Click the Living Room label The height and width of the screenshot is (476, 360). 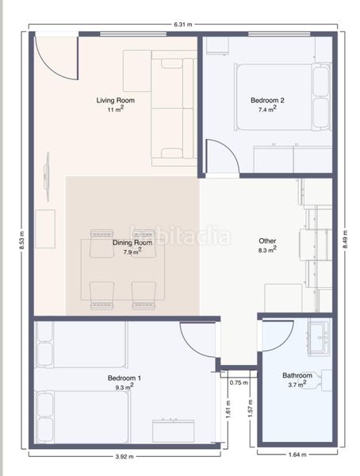115,100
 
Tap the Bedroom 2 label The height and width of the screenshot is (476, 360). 267,100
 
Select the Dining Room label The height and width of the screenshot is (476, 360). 132,243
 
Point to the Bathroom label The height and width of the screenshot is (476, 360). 297,375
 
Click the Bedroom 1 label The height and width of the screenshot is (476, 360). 124,378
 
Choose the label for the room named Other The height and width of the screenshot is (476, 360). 267,241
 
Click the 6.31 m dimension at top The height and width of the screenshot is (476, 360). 183,25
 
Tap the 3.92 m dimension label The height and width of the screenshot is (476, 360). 124,457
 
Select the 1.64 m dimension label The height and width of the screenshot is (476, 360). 297,455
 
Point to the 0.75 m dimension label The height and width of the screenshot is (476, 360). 239,383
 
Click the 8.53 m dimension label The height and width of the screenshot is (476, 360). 22,240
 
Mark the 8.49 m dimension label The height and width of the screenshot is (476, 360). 345,240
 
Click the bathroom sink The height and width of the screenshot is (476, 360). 319,337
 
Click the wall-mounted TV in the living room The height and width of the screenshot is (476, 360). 47,176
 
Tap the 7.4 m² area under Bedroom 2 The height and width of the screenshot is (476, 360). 267,109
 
